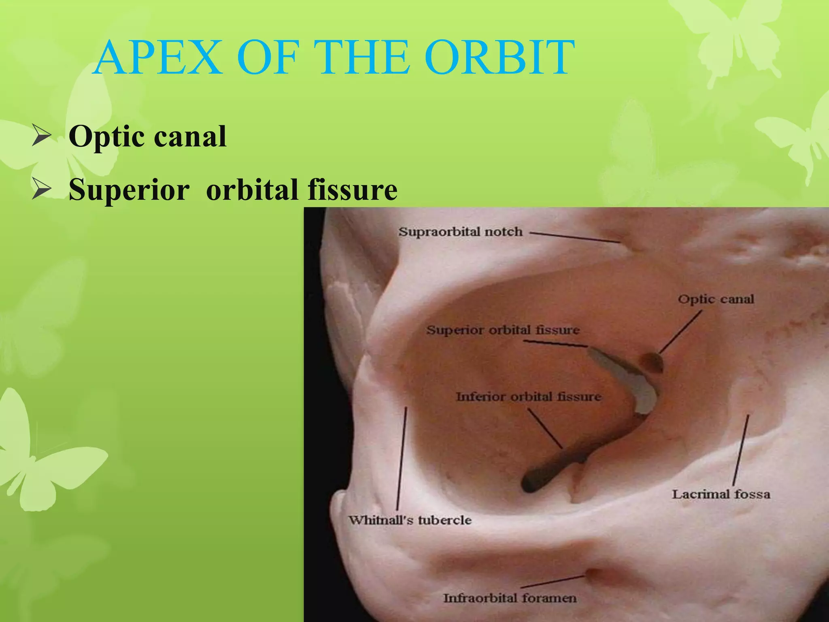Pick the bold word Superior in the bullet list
[129, 190]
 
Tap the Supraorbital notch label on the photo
[460, 232]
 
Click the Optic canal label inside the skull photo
[716, 299]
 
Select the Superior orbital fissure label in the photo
[503, 330]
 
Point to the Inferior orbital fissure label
[528, 396]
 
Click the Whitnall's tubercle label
[410, 520]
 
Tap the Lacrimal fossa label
[721, 494]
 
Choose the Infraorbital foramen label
[510, 598]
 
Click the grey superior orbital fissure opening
[631, 379]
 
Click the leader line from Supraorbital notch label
[575, 238]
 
